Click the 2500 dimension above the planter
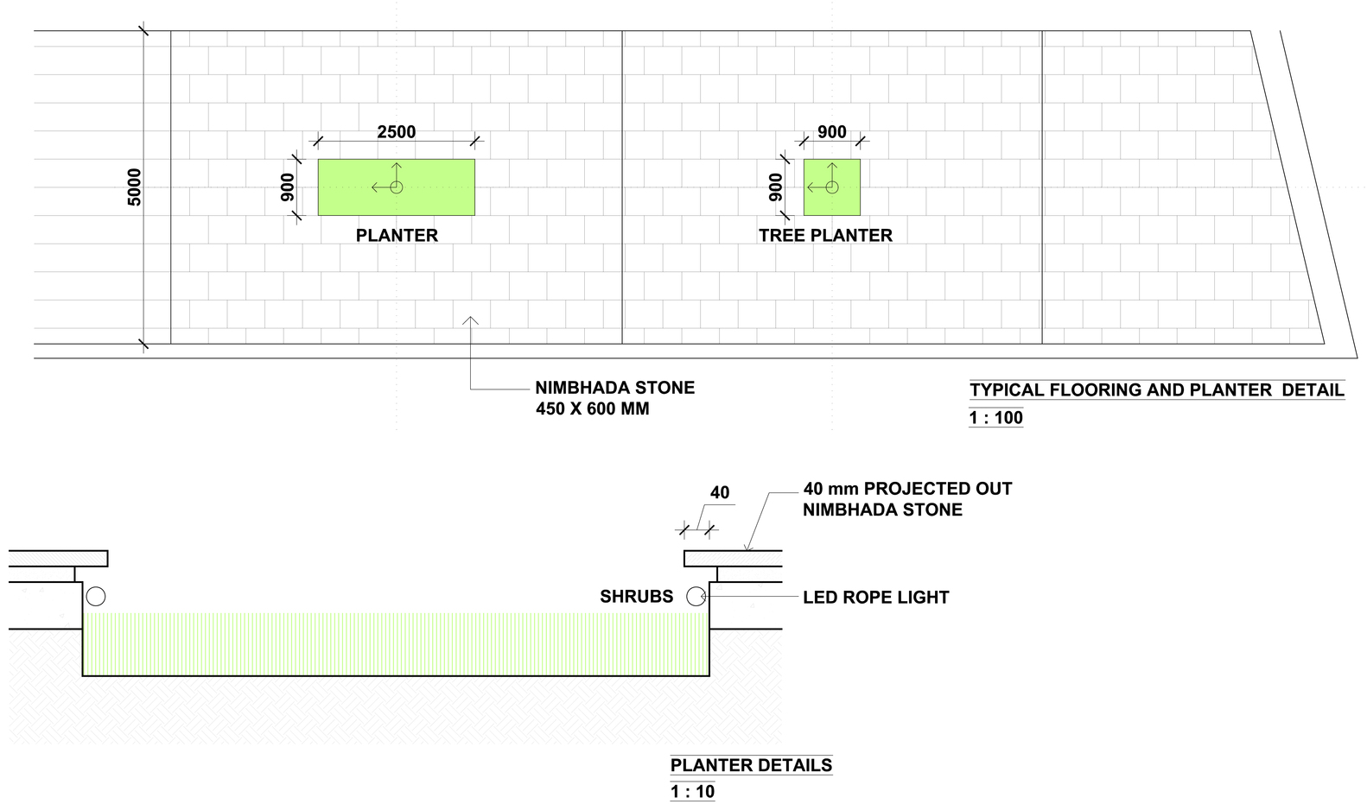click(396, 132)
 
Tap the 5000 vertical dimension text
click(134, 187)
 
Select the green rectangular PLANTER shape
click(396, 187)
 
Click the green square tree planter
click(832, 187)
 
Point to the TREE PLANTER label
click(825, 236)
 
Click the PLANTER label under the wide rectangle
click(397, 236)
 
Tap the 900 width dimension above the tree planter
click(832, 132)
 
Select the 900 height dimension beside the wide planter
click(288, 187)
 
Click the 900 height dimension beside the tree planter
click(776, 187)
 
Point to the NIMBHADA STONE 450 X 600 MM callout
click(614, 398)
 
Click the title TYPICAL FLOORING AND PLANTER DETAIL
click(1157, 389)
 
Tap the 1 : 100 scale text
click(996, 418)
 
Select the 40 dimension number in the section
click(720, 493)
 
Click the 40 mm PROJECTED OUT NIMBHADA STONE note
click(907, 499)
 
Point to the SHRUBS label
click(637, 597)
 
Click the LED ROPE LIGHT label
click(875, 598)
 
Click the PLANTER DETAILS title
click(751, 765)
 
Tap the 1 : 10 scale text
click(693, 792)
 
